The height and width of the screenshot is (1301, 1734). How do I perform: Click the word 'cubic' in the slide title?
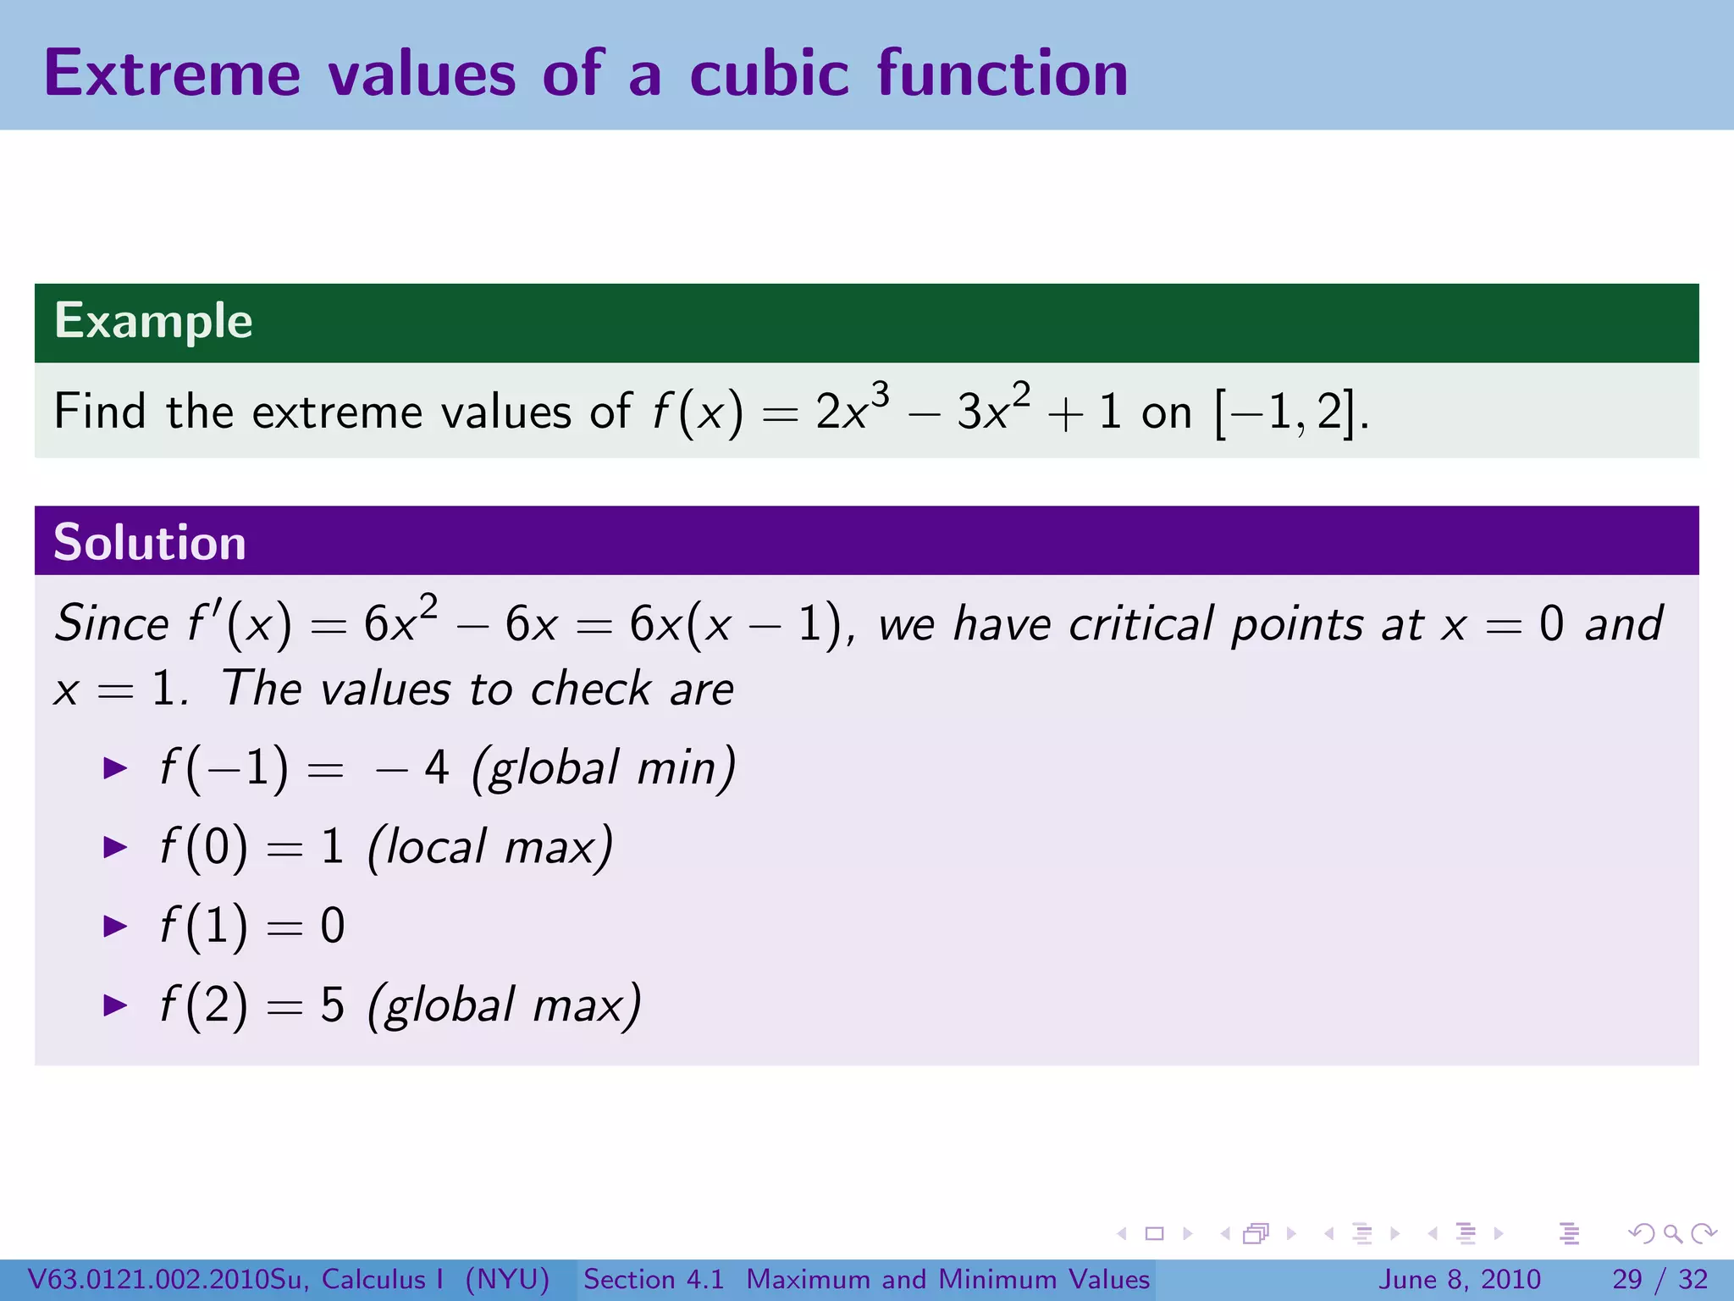pos(769,74)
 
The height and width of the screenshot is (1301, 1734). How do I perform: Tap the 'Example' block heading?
pos(153,321)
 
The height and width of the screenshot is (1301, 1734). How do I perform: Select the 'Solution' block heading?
pos(150,542)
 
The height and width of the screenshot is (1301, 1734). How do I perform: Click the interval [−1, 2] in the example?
pos(1286,412)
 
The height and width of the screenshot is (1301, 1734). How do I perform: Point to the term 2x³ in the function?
pos(851,411)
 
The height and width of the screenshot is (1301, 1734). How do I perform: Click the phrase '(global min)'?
pos(603,768)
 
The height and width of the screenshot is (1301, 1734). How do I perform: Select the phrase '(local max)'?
pos(490,846)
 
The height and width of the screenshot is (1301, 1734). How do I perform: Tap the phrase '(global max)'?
pos(505,1005)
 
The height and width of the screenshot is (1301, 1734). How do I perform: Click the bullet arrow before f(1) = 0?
pos(115,926)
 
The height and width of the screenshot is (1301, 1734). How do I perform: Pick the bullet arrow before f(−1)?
pos(115,768)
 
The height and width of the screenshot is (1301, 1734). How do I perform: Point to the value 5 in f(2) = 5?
pos(332,1005)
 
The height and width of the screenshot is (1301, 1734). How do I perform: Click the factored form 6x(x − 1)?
pos(735,625)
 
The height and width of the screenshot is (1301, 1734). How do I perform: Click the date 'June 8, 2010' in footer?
pos(1460,1279)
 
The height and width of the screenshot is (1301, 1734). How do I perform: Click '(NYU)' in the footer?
pos(507,1279)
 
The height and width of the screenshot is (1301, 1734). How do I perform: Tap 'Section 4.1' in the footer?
pos(654,1279)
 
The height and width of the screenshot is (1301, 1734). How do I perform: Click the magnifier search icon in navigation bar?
pos(1672,1233)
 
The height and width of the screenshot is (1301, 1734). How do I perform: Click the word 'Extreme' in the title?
pos(172,74)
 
